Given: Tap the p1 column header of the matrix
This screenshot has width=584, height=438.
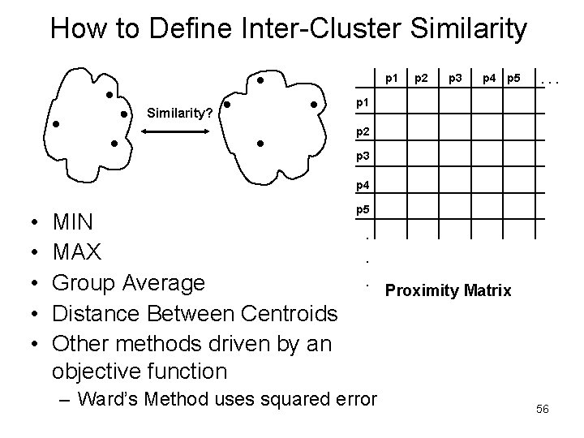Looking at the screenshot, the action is click(392, 79).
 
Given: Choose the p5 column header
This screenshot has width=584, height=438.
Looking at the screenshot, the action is click(513, 79).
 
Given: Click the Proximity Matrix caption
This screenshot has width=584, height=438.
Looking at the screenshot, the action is click(449, 290).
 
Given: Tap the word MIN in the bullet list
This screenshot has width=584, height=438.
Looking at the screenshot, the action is click(73, 221).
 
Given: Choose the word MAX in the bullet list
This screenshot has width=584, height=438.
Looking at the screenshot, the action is click(77, 252).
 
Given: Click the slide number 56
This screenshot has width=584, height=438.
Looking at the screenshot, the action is click(543, 409).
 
